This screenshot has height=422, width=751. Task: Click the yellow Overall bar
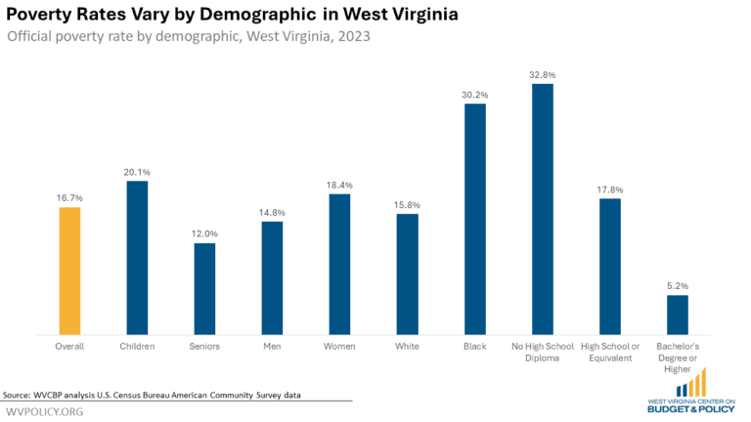coord(69,271)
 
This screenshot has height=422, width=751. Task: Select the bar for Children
coord(137,258)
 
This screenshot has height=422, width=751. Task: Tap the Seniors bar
coord(204,288)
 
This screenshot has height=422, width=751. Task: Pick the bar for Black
coord(474,219)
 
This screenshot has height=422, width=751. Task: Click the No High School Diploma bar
coord(543,209)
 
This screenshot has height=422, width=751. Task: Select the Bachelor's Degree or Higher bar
coord(677,314)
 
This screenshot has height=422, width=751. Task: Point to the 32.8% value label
coord(543,74)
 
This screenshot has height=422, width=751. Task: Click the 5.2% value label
coord(677,285)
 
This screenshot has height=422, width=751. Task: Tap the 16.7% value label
coord(69,197)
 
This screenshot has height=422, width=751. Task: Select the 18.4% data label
coord(339,185)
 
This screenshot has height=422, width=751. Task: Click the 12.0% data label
coord(204,233)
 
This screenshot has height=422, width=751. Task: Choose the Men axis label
coord(272,347)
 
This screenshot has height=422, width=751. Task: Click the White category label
coord(407,347)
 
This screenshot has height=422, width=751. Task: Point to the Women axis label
coord(339,347)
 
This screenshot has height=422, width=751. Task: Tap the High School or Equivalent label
coord(609,353)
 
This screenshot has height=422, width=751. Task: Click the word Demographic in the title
coord(257,17)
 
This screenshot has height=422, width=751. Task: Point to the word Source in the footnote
coord(17,395)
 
